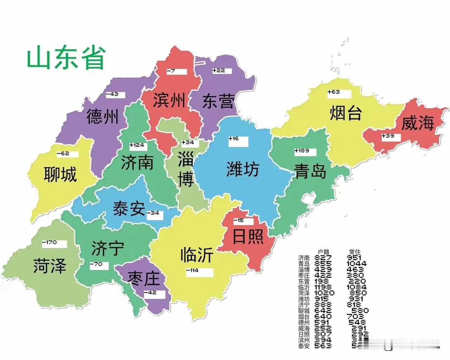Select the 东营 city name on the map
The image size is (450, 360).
coord(218,102)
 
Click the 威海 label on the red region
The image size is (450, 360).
coord(418,123)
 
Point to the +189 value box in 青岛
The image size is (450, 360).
coord(305,152)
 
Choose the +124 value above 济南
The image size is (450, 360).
coord(138,146)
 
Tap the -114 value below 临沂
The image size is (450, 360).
coord(199,271)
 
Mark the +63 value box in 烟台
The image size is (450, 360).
coord(339,93)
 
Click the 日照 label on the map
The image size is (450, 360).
coord(248,236)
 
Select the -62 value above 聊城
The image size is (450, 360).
coord(67,154)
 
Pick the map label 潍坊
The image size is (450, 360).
coord(243,169)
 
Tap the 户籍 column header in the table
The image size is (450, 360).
coord(323,252)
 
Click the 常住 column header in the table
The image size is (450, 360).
coord(354,252)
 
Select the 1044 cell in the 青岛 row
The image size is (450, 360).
coord(356,264)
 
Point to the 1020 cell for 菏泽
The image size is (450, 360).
coord(324,293)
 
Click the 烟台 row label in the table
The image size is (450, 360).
coord(304,316)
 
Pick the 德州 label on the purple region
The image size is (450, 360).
coord(102,116)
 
